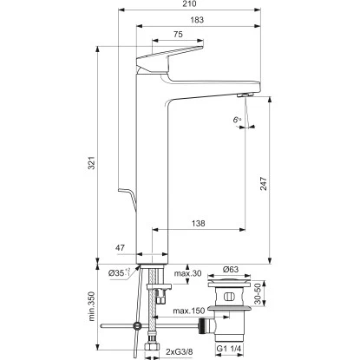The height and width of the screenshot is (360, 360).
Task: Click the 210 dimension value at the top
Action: point(190,3)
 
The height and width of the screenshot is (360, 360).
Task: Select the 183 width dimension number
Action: point(197,20)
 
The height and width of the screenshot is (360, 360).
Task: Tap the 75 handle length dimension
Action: point(178,35)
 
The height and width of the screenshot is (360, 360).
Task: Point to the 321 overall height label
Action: point(91,163)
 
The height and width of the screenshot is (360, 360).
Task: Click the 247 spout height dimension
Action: point(264,184)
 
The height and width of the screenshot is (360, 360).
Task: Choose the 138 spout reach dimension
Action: point(198,223)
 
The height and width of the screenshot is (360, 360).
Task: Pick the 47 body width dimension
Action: point(120,248)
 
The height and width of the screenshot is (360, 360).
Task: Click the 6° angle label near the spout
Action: point(238,120)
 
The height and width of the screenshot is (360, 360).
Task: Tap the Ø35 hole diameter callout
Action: point(120,272)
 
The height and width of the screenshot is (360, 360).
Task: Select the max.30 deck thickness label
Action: point(187,273)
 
